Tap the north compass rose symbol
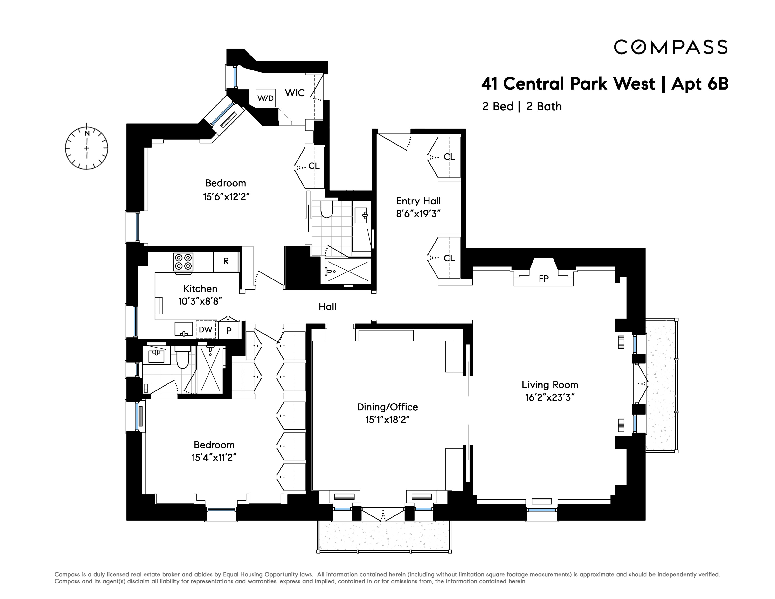click(x=87, y=148)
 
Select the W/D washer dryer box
click(x=265, y=98)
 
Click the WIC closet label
click(x=295, y=93)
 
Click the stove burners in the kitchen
click(x=183, y=262)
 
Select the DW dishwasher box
click(x=206, y=330)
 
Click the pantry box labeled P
click(x=229, y=331)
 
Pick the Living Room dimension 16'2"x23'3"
click(x=550, y=397)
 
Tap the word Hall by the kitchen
click(x=327, y=306)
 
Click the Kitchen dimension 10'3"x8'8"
click(x=200, y=301)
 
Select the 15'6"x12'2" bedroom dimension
click(x=226, y=197)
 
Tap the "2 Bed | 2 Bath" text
click(x=522, y=106)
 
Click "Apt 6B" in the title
click(x=700, y=84)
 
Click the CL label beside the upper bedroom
click(x=314, y=166)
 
